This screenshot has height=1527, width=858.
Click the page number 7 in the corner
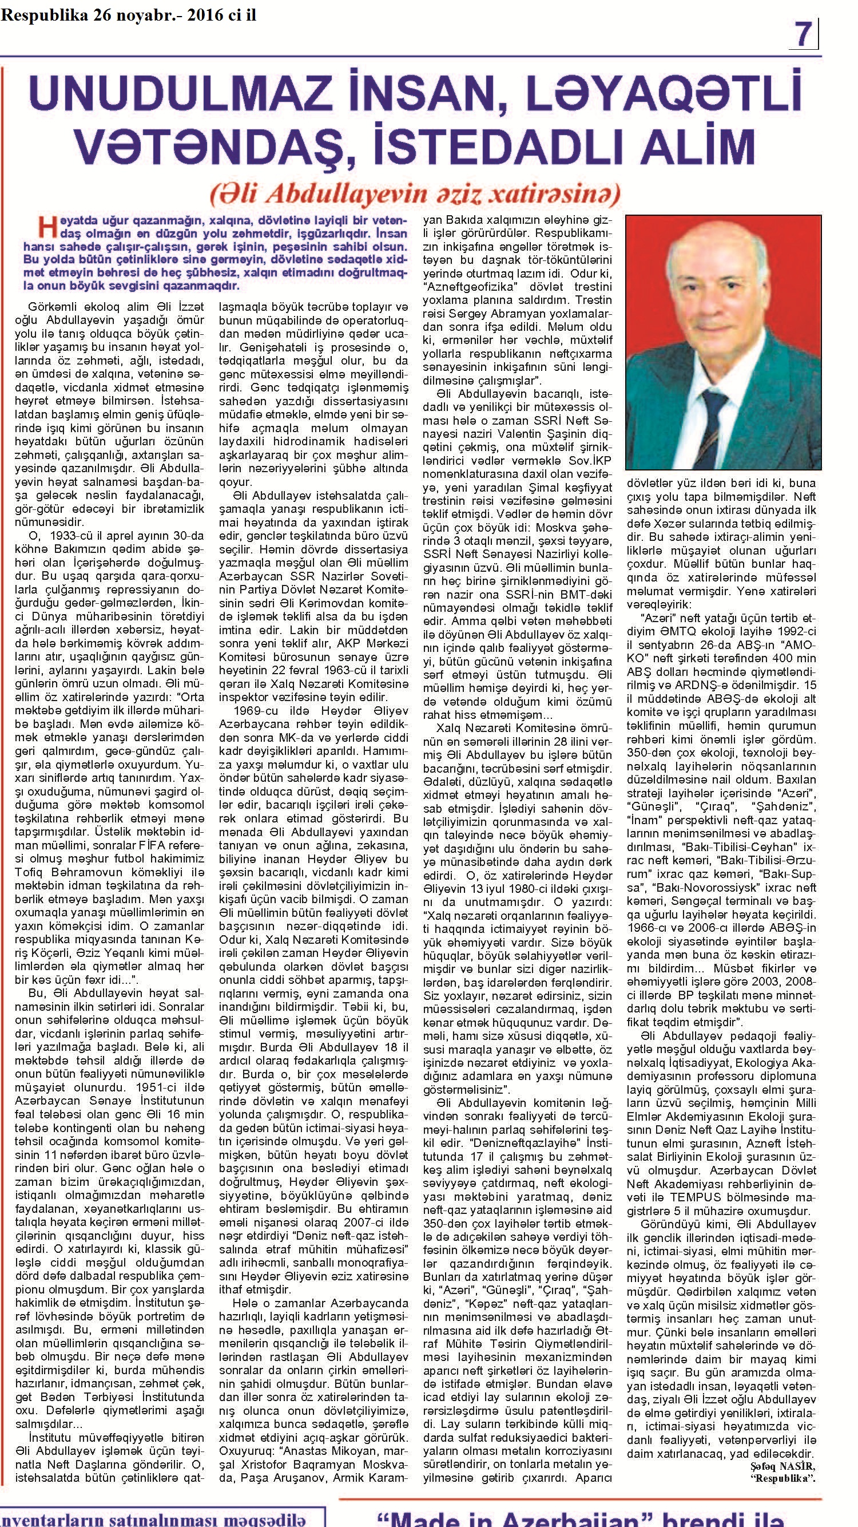803,34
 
